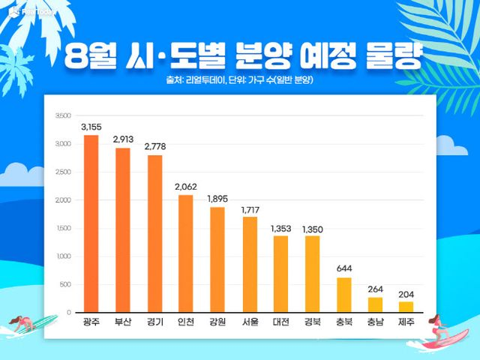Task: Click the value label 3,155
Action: [x=91, y=127]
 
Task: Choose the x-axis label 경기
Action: [x=154, y=323]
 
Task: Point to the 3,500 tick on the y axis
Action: [x=62, y=115]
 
